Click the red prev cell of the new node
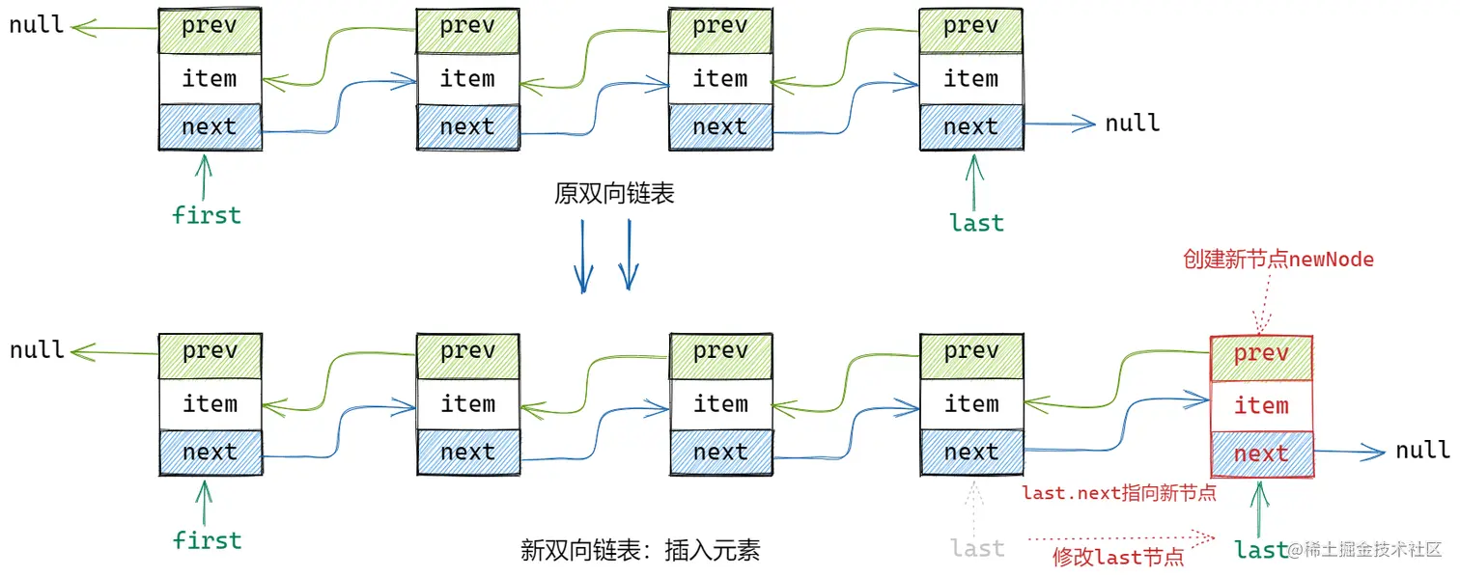(x=1261, y=354)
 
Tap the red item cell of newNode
(x=1261, y=405)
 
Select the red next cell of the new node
(x=1261, y=453)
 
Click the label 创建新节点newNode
(x=1278, y=260)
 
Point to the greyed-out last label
(x=976, y=549)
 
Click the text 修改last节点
(x=1118, y=557)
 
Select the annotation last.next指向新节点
(x=1118, y=493)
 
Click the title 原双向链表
(x=613, y=194)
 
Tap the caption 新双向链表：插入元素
(x=640, y=550)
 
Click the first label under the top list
(x=206, y=214)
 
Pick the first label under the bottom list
(x=206, y=539)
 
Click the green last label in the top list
(x=976, y=223)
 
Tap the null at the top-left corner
(x=37, y=25)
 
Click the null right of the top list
(x=1132, y=124)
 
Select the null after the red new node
(x=1421, y=450)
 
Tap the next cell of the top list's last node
(x=970, y=126)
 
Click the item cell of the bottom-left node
(x=210, y=403)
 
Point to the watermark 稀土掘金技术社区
(x=1371, y=550)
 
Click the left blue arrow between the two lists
(x=583, y=256)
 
